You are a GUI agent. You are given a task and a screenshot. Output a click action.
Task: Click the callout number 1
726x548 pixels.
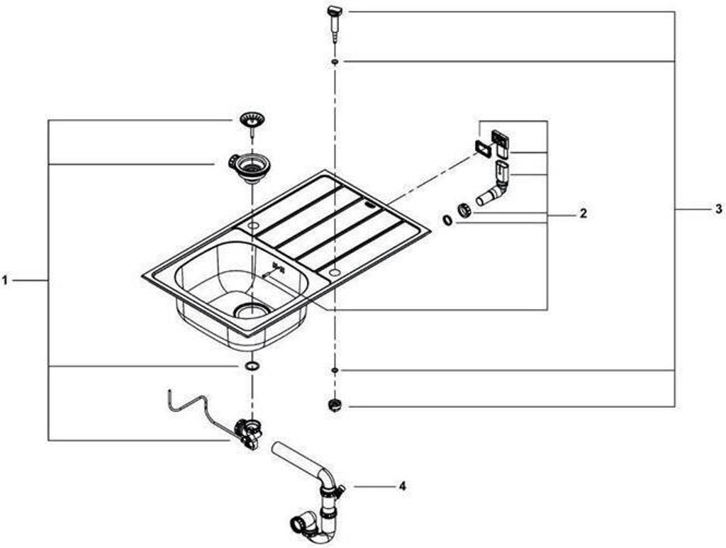pyautogui.click(x=5, y=281)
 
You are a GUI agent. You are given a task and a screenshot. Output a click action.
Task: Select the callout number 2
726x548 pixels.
pyautogui.click(x=583, y=213)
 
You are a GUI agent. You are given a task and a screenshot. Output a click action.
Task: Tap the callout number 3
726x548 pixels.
pyautogui.click(x=717, y=209)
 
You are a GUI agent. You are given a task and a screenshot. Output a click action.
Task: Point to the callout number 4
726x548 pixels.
pyautogui.click(x=402, y=486)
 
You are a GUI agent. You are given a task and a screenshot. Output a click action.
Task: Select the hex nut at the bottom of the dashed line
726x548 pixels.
pyautogui.click(x=335, y=406)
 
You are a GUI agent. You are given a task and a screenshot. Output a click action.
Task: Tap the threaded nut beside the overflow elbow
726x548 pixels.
pyautogui.click(x=464, y=211)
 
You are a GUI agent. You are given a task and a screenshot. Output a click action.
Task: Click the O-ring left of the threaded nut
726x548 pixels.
pyautogui.click(x=448, y=220)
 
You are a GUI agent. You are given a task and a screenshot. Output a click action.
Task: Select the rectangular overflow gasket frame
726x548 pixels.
pyautogui.click(x=484, y=148)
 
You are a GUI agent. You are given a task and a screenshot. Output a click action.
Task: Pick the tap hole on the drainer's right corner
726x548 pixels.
pyautogui.click(x=334, y=272)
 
